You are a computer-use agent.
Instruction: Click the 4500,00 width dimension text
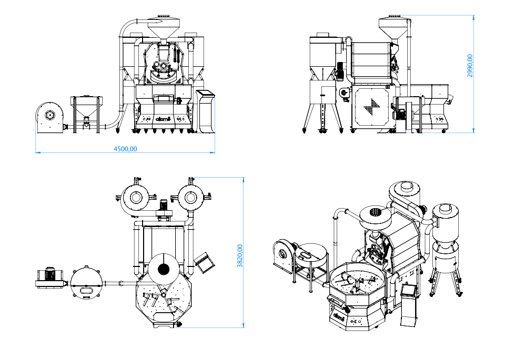pos(125,149)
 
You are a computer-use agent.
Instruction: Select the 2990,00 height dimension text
pos(470,66)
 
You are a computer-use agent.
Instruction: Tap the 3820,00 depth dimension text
pos(240,256)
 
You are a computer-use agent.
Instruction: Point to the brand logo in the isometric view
pos(339,317)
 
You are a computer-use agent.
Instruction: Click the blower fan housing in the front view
pos(49,115)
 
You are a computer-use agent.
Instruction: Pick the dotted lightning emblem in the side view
pos(373,106)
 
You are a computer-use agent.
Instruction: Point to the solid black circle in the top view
pos(164,270)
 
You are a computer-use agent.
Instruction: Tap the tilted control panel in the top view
pos(203,262)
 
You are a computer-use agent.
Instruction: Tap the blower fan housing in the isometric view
pos(284,255)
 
